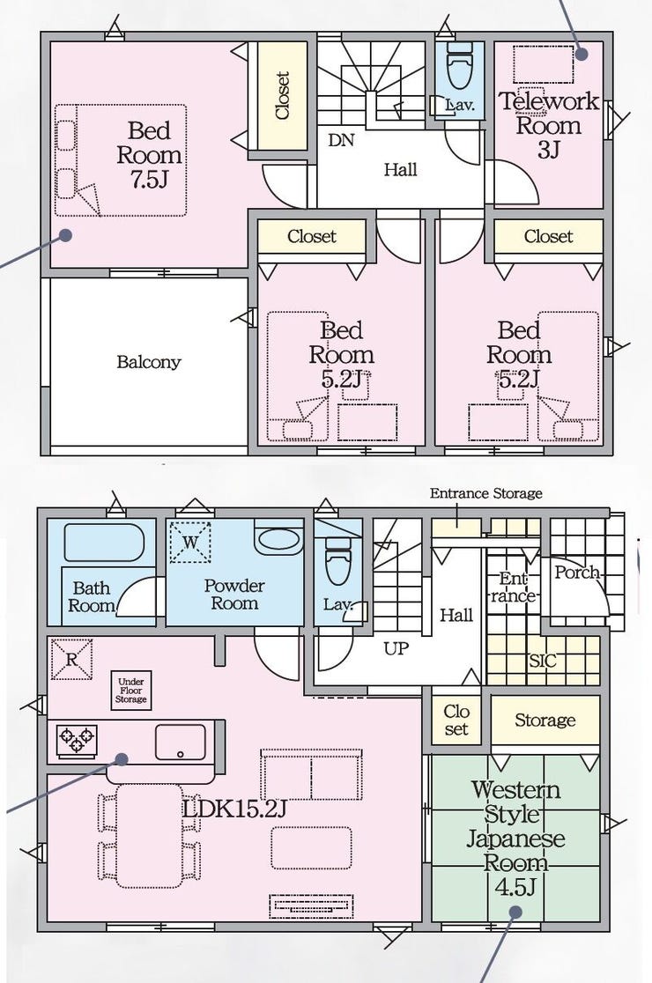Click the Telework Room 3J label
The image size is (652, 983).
(x=549, y=125)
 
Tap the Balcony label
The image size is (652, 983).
(x=149, y=362)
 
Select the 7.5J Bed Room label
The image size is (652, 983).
(x=149, y=155)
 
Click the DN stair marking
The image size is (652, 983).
(x=341, y=140)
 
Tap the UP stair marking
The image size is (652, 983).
(x=396, y=648)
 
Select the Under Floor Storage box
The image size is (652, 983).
(x=131, y=691)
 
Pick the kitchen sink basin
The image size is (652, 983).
(x=180, y=743)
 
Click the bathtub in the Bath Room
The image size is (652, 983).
(x=104, y=543)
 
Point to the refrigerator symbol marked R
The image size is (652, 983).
(x=71, y=659)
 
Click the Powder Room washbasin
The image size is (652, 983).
(x=278, y=540)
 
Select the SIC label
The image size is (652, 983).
(x=542, y=660)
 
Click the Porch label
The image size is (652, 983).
(x=576, y=573)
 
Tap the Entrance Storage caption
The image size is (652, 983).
(x=485, y=493)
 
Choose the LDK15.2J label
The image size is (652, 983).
(x=234, y=809)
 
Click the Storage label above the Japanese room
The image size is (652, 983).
(x=545, y=721)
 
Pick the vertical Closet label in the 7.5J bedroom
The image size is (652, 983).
(x=283, y=95)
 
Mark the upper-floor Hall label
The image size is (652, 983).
(x=401, y=169)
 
